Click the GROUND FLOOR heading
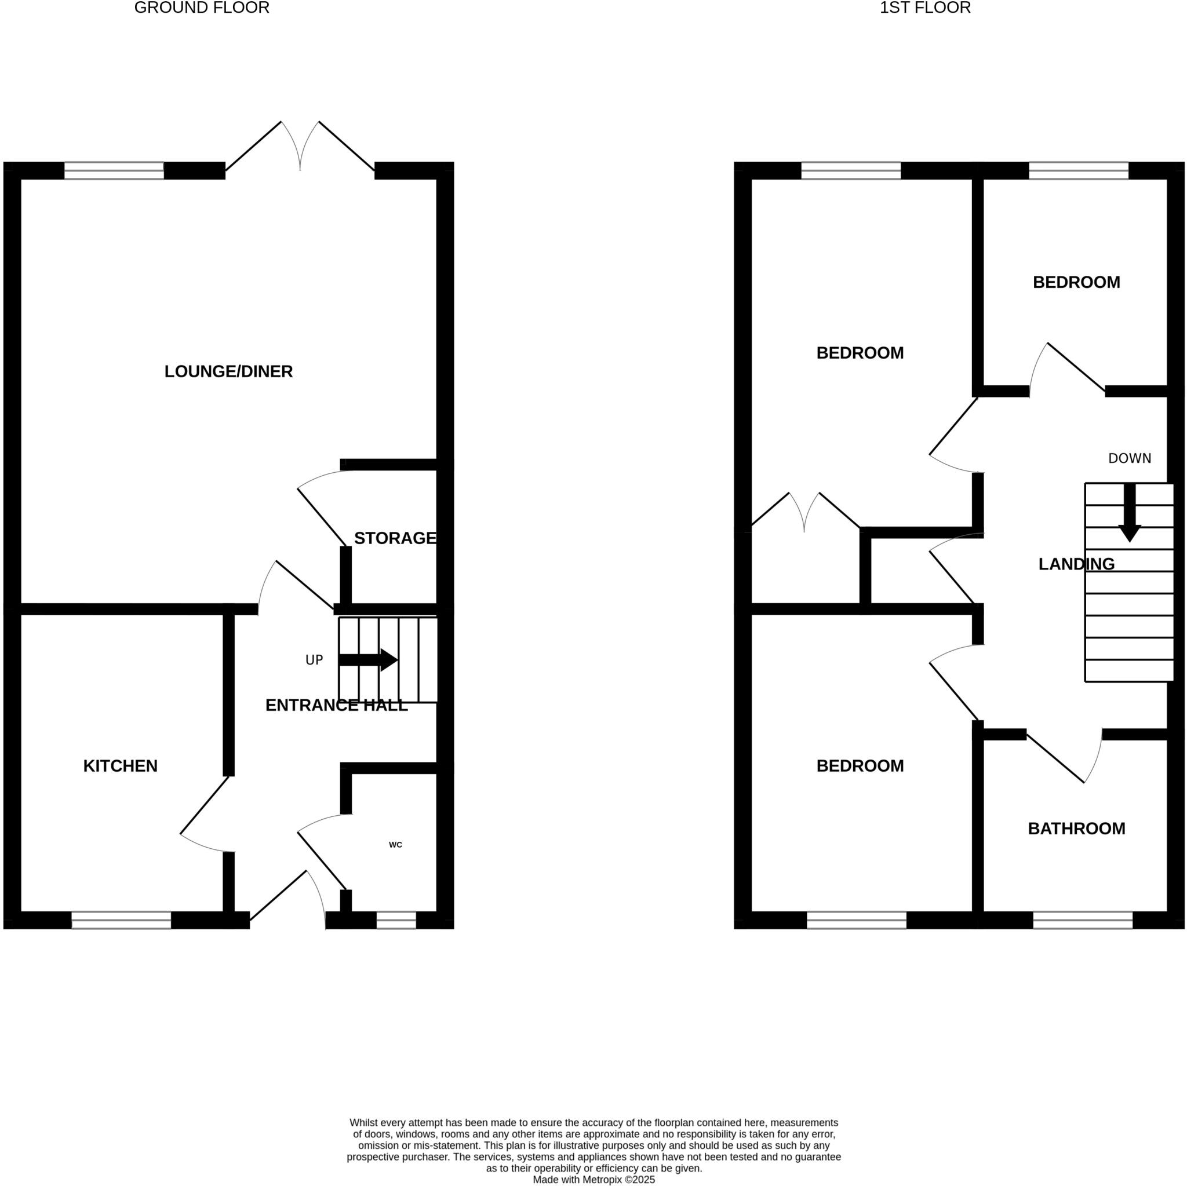[202, 8]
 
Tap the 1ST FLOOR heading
[924, 8]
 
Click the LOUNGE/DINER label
[228, 371]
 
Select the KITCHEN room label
[121, 765]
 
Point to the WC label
[395, 845]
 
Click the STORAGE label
[395, 538]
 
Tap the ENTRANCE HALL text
[336, 705]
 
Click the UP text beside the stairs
[314, 660]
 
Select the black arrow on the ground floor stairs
[368, 660]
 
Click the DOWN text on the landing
[1129, 458]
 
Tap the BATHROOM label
[1076, 829]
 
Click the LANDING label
[1076, 564]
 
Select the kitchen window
[121, 919]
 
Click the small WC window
[396, 919]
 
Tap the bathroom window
[1083, 919]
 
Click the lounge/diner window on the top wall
[114, 170]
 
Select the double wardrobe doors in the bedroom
[805, 513]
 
